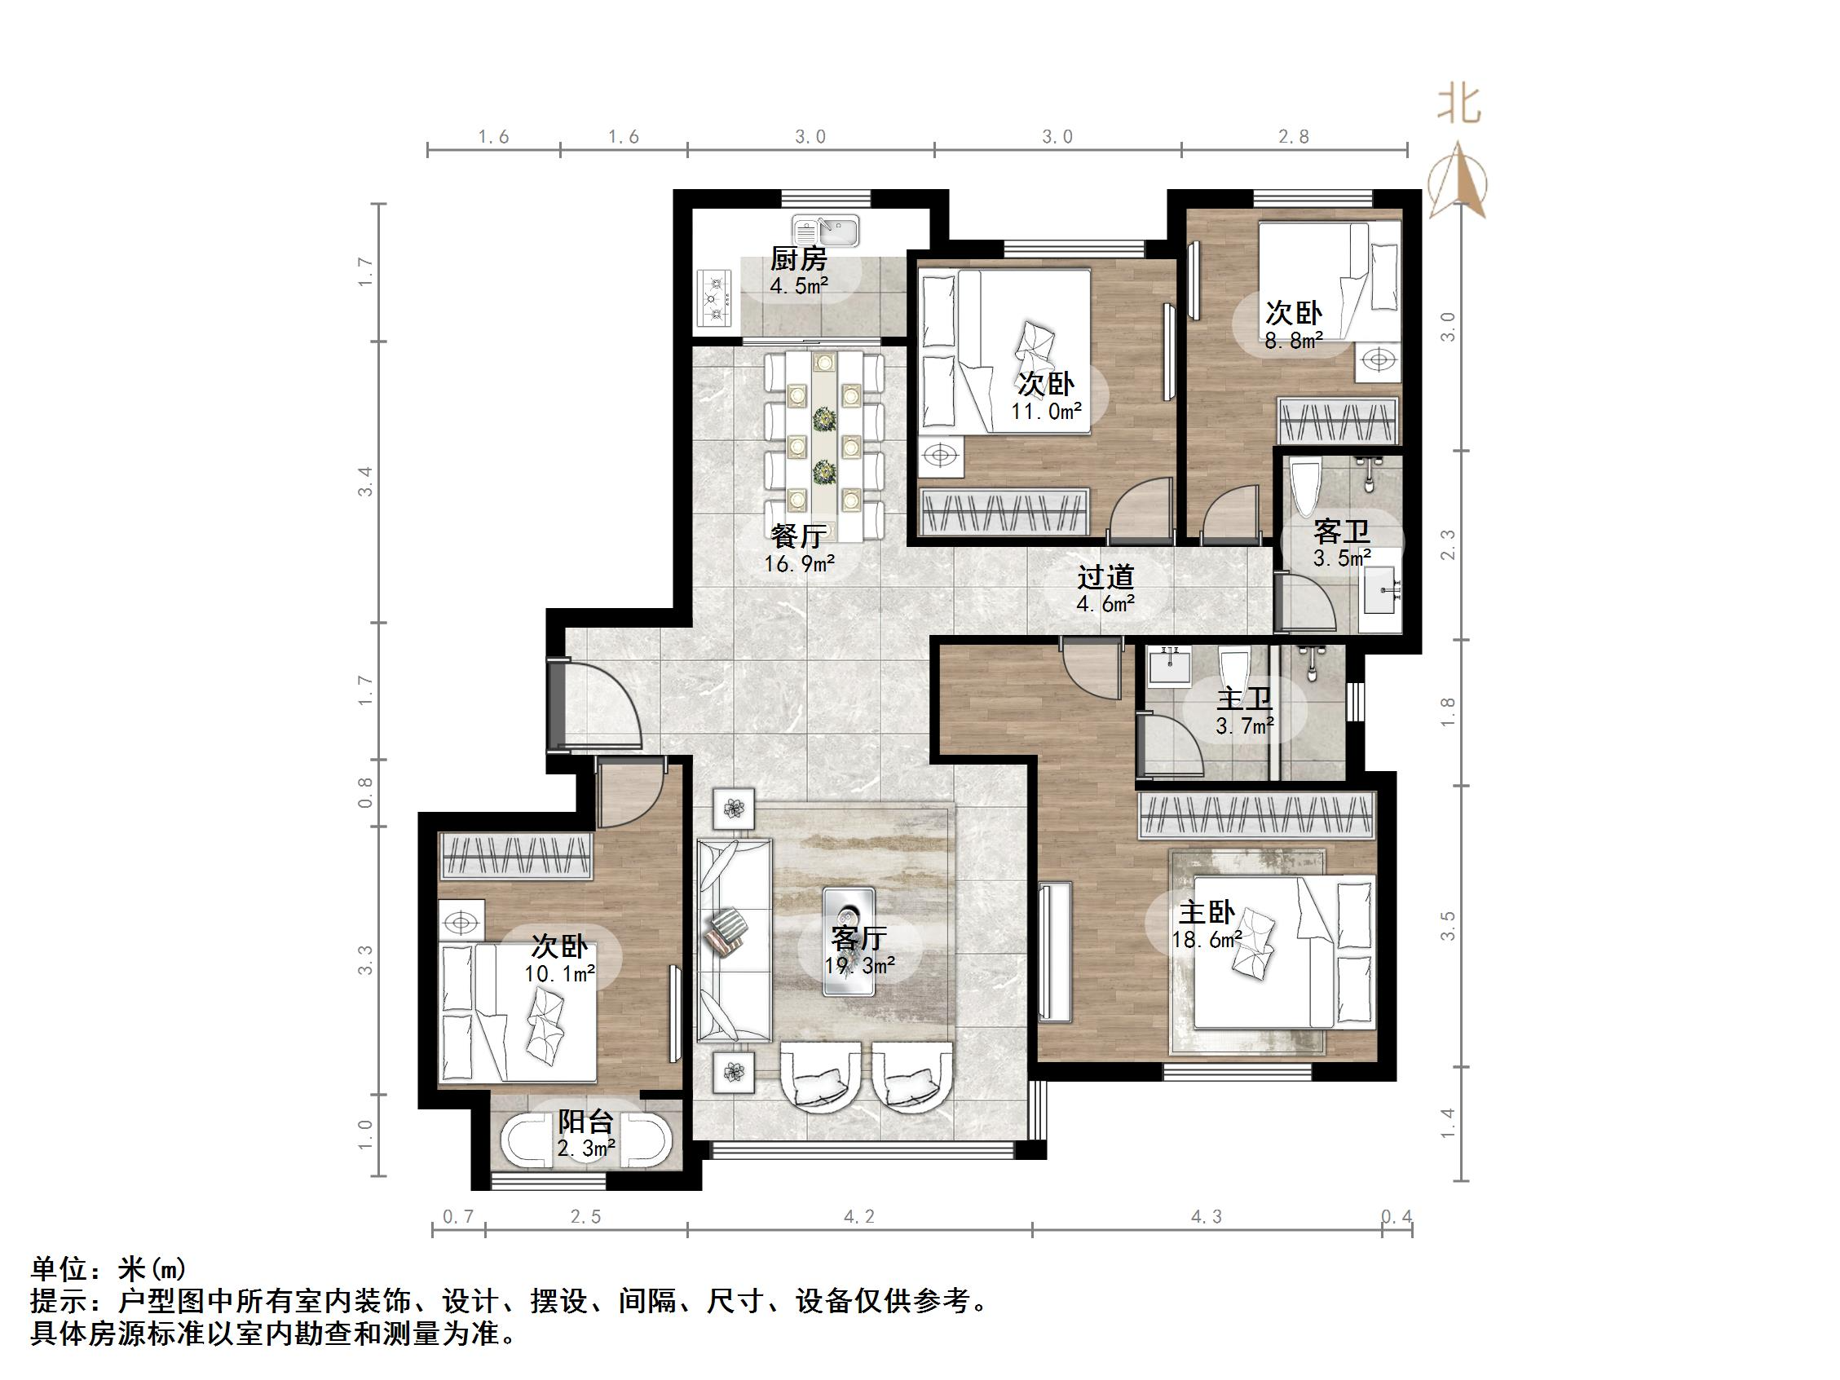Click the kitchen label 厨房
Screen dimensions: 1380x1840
click(798, 259)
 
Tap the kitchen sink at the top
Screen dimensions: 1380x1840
click(825, 231)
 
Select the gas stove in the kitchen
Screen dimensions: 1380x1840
click(714, 297)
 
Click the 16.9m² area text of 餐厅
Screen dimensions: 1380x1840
click(800, 564)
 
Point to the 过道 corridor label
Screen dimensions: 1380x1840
click(1105, 576)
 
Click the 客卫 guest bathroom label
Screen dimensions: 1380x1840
click(1341, 531)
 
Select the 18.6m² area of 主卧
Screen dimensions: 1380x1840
click(1207, 940)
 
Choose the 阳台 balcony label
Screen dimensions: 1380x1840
click(585, 1122)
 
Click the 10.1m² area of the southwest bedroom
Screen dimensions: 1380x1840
click(559, 973)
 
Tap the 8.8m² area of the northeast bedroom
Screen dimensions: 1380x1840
click(1295, 339)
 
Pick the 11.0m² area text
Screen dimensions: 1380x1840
click(1047, 411)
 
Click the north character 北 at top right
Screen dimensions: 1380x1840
click(1460, 106)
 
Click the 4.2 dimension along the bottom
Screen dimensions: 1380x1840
click(859, 1217)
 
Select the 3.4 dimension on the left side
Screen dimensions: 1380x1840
click(366, 482)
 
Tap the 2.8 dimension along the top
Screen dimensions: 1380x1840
click(1294, 136)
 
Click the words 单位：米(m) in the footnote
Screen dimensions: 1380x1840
click(108, 1268)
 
